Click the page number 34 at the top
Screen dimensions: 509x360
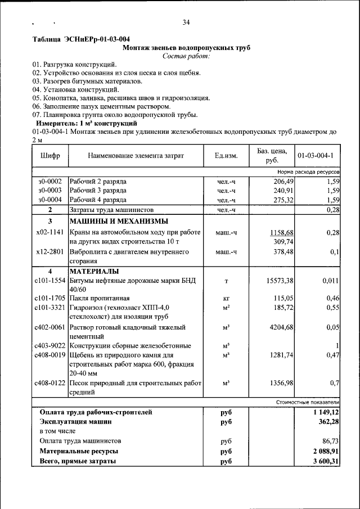tap(186, 22)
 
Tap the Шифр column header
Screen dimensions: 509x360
tap(50, 155)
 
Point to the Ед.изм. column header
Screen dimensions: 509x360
tap(226, 155)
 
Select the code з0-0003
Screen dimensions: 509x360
tap(50, 191)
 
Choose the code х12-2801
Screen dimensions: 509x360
tap(50, 251)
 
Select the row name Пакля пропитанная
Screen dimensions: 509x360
tap(100, 298)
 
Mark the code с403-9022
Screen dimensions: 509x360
tap(50, 345)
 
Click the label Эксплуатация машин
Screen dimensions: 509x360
tap(75, 421)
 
